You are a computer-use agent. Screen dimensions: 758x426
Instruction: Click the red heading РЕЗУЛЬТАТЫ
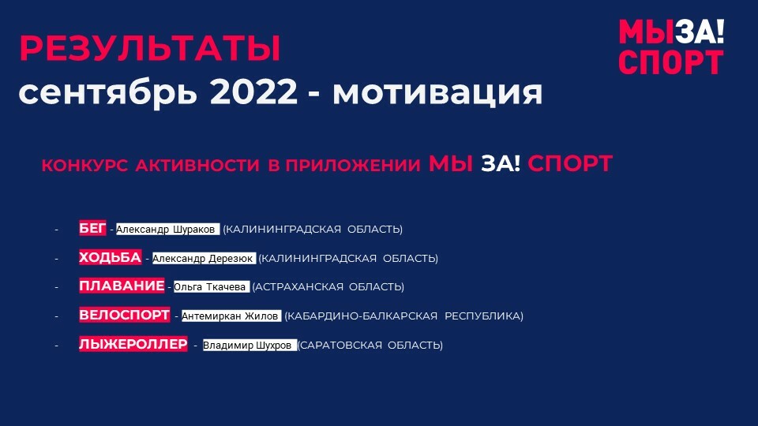pos(150,48)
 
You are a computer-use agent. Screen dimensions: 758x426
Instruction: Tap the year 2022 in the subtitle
pos(253,92)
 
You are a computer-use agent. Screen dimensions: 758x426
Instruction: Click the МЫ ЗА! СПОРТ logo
pos(671,47)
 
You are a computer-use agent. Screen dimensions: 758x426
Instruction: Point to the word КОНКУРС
pos(84,166)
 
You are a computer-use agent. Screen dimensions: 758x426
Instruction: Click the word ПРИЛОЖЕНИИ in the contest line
pos(353,166)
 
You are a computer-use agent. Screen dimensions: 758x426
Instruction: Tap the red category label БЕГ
pos(92,228)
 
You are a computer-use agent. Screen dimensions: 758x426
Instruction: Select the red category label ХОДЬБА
pos(111,257)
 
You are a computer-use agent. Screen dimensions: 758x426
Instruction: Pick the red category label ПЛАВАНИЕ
pos(122,286)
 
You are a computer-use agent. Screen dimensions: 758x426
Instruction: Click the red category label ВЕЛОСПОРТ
pos(124,315)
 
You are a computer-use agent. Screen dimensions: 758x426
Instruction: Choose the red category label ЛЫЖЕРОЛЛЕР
pos(133,344)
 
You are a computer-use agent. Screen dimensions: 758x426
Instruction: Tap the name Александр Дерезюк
pos(203,259)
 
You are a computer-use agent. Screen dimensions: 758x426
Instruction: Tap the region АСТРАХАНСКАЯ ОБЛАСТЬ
pos(328,287)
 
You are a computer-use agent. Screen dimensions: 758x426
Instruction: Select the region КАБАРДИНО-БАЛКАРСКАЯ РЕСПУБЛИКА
pos(403,316)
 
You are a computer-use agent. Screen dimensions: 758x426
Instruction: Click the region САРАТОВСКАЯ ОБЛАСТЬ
pos(370,346)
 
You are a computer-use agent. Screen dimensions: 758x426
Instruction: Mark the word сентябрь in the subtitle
pos(108,92)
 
